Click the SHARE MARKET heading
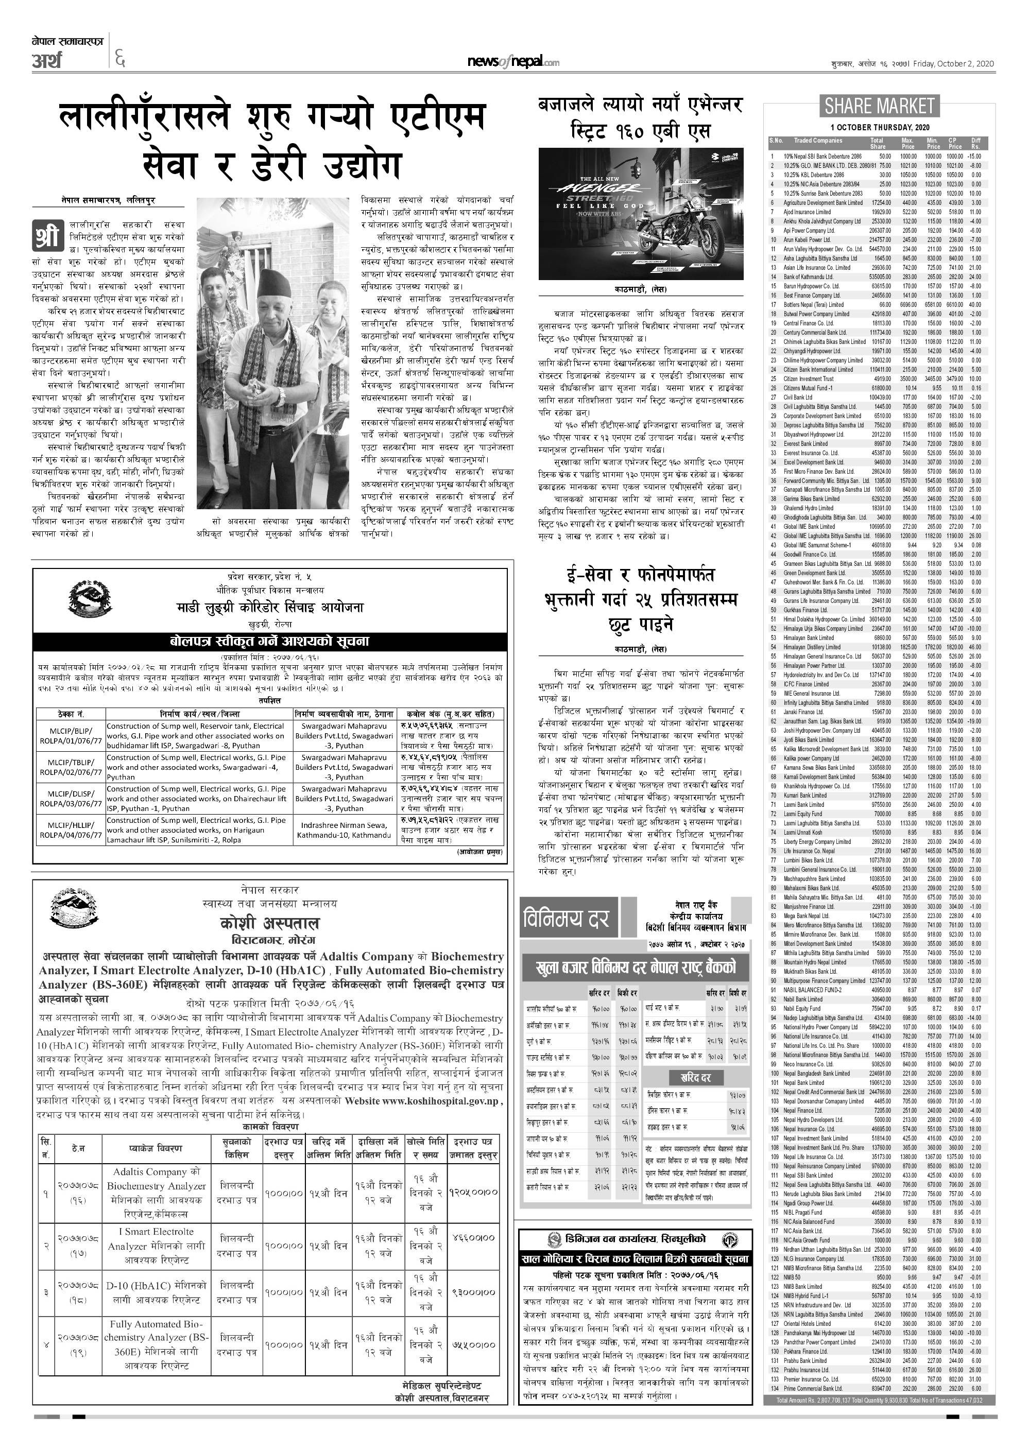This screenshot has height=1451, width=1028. tap(879, 106)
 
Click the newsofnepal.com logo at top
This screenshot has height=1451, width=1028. tap(513, 61)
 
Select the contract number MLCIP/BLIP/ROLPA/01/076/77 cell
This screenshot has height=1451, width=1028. tap(69, 736)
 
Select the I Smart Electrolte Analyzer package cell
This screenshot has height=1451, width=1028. tap(157, 1246)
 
